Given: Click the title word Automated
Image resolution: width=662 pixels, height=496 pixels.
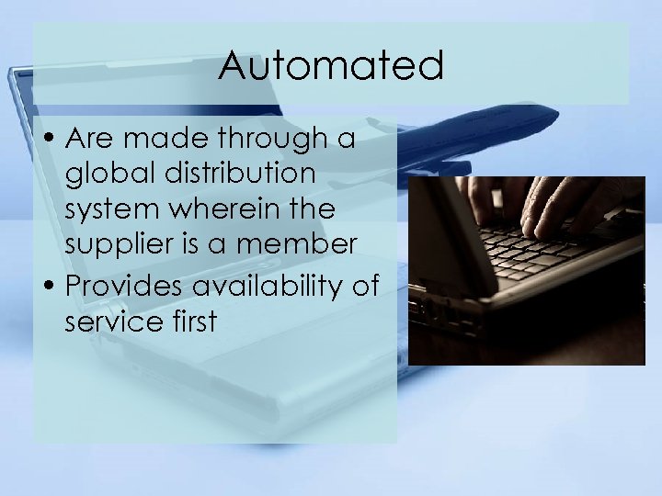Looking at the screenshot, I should click(331, 66).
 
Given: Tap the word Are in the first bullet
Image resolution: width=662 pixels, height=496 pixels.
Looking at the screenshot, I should click(89, 139).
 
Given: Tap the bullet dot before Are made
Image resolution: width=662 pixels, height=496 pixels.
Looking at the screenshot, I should click(51, 140).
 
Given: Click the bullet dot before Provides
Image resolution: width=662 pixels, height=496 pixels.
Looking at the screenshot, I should click(51, 286).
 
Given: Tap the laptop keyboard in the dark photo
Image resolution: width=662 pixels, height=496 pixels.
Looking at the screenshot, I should click(542, 253).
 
